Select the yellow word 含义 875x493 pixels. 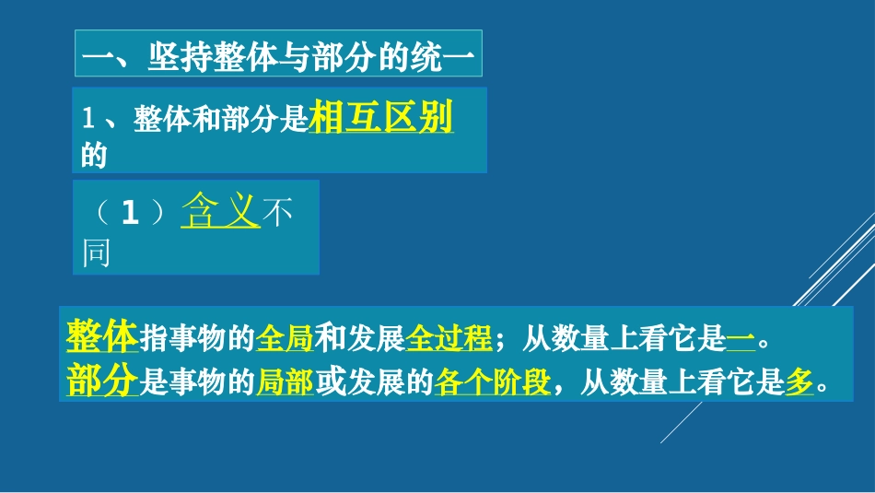click(x=221, y=211)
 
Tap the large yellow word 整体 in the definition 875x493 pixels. click(x=102, y=336)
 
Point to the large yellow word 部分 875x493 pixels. click(x=102, y=380)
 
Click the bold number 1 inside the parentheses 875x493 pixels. click(x=130, y=213)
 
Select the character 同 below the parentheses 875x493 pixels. click(x=97, y=252)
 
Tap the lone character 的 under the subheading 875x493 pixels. click(x=94, y=157)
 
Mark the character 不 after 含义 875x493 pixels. click(x=277, y=213)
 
